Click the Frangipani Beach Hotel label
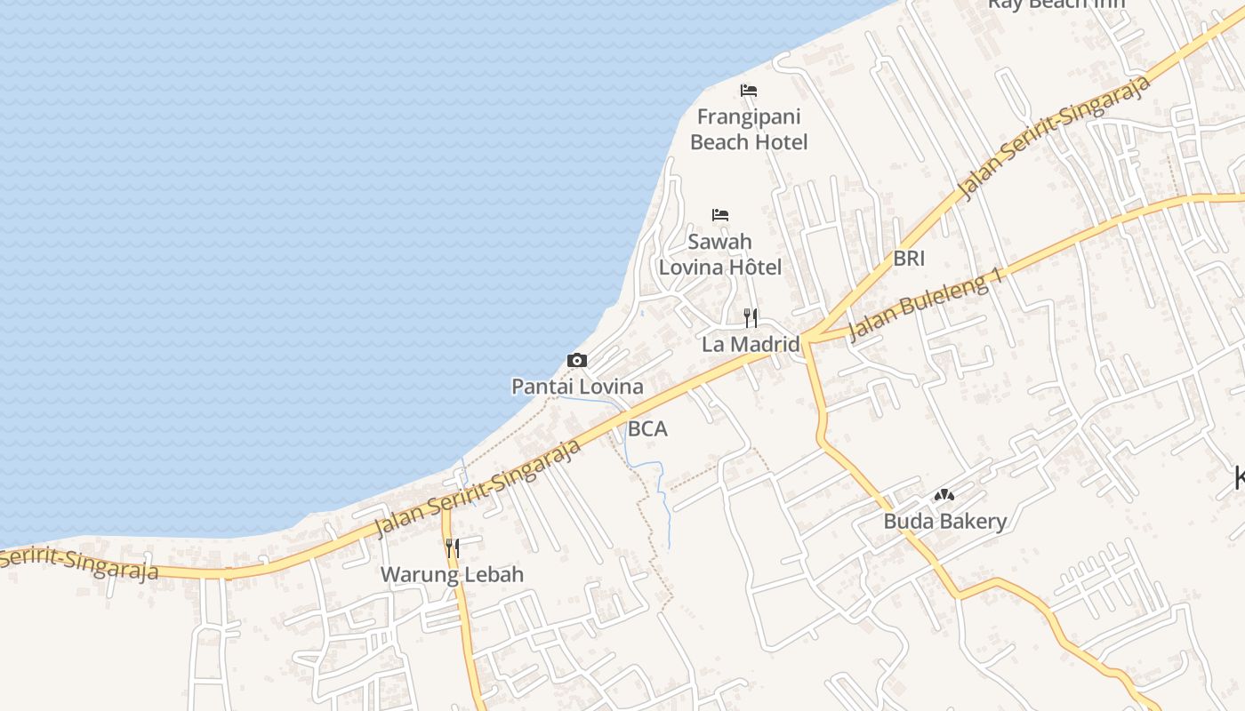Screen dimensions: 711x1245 749,130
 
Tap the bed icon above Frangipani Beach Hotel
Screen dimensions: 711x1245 749,90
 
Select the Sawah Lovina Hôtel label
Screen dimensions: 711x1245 720,254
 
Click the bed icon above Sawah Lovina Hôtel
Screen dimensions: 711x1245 720,214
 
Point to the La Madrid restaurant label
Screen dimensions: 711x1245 751,344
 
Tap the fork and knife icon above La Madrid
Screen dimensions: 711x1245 751,317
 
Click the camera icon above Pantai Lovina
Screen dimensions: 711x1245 577,360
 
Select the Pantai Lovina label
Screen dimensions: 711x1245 577,387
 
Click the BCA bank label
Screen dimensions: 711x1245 647,428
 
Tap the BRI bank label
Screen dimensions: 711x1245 909,258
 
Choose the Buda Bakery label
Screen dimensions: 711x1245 944,521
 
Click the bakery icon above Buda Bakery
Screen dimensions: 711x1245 944,494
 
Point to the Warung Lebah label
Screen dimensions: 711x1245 452,574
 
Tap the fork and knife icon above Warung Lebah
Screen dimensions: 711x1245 452,547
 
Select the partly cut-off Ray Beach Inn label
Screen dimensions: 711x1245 1056,4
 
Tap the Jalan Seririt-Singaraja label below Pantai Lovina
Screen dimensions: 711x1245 478,488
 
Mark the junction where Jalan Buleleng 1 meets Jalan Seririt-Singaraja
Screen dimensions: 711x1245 806,339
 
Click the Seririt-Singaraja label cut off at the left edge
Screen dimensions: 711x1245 80,562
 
